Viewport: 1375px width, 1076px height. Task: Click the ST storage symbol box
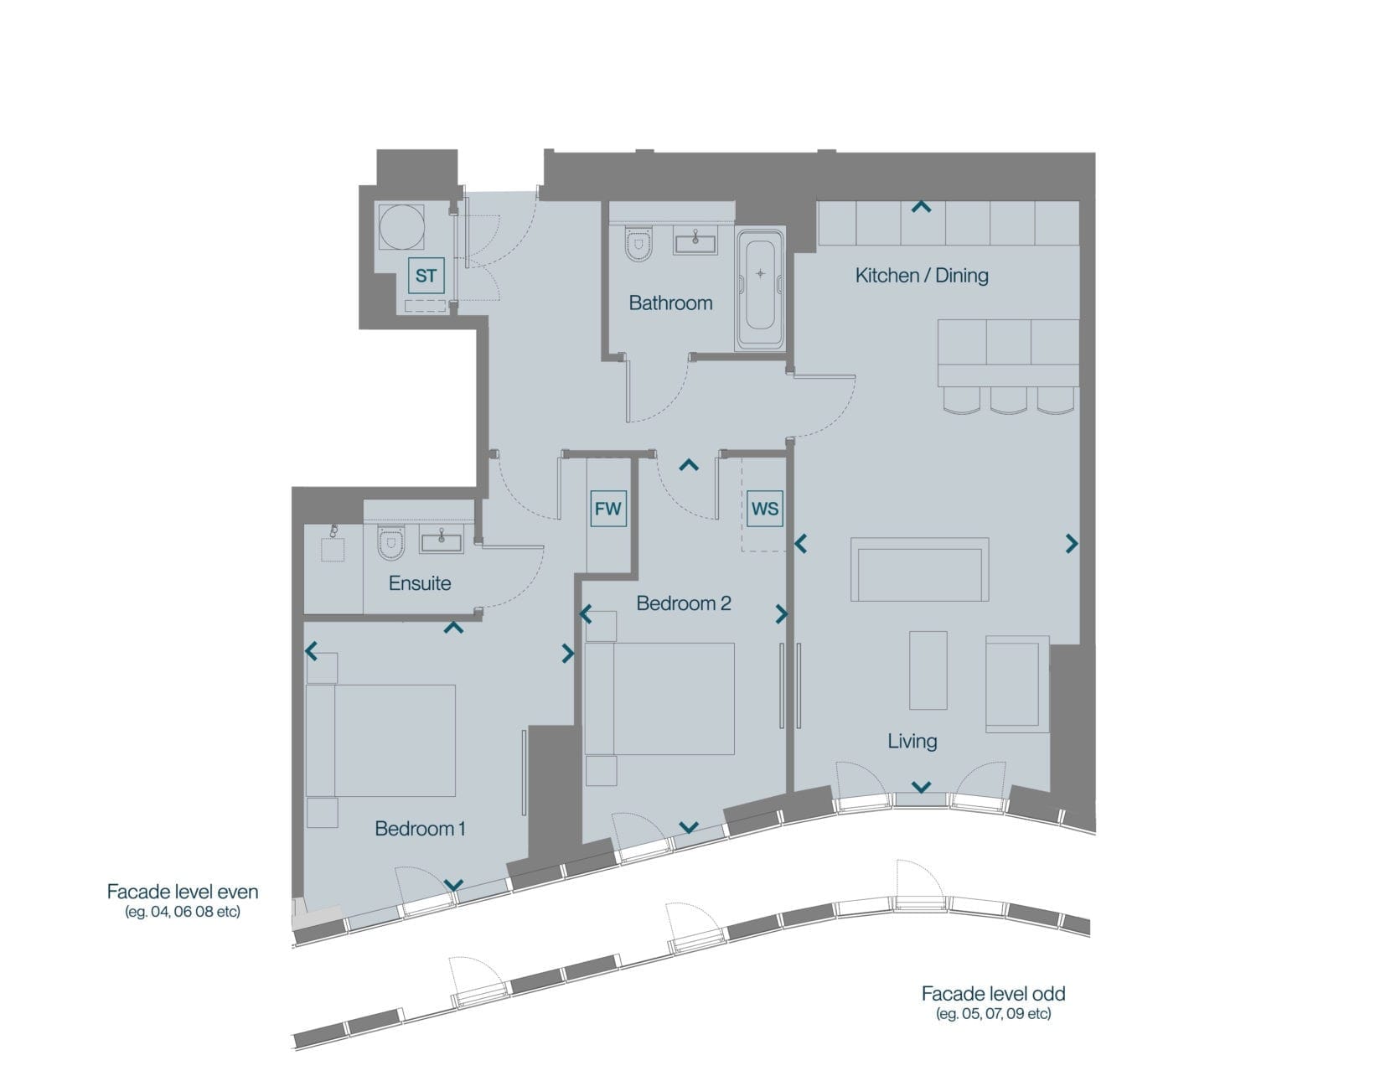click(x=426, y=276)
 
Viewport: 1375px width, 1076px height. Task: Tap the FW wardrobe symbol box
click(x=608, y=509)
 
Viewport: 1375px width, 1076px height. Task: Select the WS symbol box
click(x=765, y=509)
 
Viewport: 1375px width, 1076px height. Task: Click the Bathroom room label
click(x=670, y=303)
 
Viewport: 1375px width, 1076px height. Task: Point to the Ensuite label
click(x=420, y=583)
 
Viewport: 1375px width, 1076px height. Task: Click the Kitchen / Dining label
click(x=922, y=276)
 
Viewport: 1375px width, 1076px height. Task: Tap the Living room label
click(x=912, y=742)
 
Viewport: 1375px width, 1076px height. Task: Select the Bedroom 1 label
click(x=420, y=829)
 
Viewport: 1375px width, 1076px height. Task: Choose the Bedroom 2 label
click(x=684, y=603)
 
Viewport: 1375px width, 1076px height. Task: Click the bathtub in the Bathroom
click(x=760, y=289)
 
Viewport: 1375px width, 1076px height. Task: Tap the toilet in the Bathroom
click(x=638, y=244)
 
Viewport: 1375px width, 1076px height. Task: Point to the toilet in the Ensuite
click(x=390, y=543)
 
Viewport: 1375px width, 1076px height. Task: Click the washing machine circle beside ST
click(x=402, y=227)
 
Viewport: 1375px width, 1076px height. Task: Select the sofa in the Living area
click(x=919, y=569)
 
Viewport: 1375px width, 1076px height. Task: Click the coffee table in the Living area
click(x=928, y=670)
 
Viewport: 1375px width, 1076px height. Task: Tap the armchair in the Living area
click(x=1017, y=685)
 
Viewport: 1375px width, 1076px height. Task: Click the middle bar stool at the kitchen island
click(x=1009, y=401)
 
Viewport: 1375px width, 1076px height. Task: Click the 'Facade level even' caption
click(x=182, y=892)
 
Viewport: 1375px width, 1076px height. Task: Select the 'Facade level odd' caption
click(x=993, y=994)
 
